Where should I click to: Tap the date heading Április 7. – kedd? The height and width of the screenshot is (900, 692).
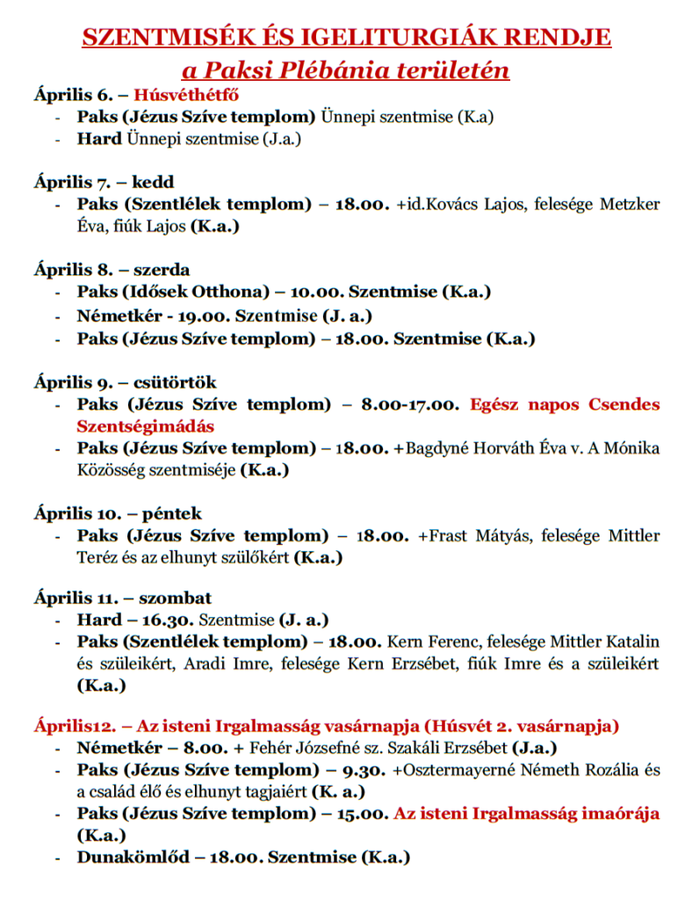click(x=104, y=182)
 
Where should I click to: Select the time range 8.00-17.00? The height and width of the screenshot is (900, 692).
click(x=409, y=405)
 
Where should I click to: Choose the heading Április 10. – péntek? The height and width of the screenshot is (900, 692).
click(x=118, y=513)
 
